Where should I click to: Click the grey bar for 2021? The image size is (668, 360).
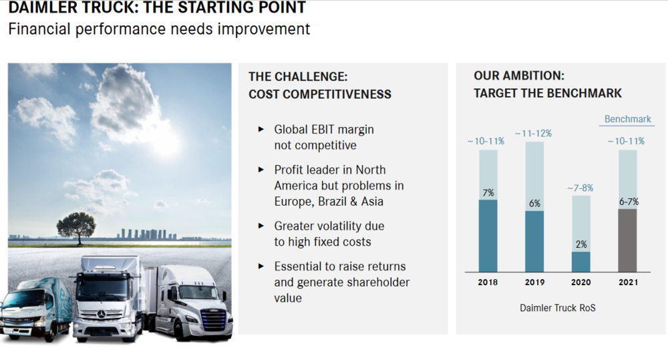(x=627, y=240)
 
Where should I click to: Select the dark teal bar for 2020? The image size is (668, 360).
(x=581, y=262)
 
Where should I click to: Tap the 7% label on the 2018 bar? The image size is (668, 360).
(x=488, y=193)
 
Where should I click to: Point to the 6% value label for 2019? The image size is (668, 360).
(x=534, y=204)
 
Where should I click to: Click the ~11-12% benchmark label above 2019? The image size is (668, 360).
(x=533, y=134)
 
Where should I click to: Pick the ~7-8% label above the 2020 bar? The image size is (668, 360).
(x=580, y=188)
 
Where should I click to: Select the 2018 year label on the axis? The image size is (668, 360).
(x=488, y=282)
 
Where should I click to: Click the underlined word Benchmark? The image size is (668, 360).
(x=627, y=120)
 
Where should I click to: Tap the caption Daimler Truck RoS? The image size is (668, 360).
(x=558, y=308)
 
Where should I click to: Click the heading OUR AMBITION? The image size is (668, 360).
(x=519, y=76)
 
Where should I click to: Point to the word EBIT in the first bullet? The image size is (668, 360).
(x=324, y=130)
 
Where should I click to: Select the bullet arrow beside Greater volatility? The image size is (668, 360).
(x=261, y=226)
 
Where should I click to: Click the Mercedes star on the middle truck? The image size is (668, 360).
(x=102, y=315)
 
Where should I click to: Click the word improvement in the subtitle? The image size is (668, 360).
(x=264, y=29)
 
